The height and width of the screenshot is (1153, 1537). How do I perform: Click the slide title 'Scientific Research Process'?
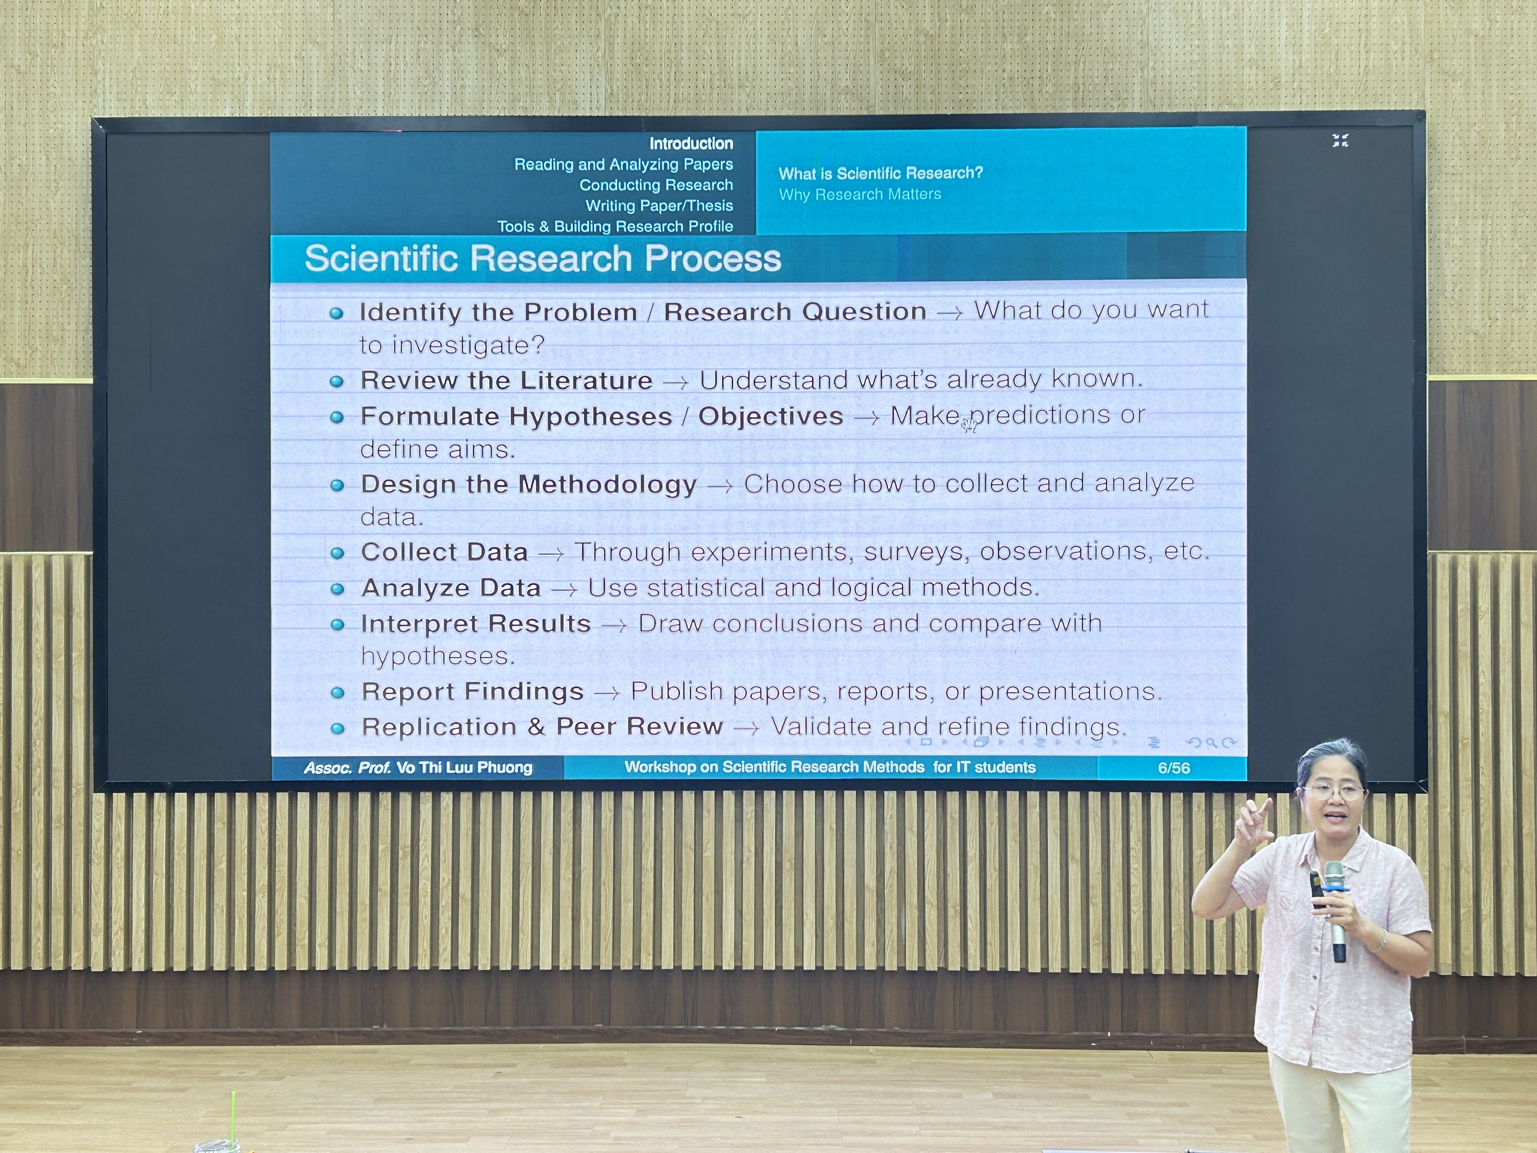tap(543, 259)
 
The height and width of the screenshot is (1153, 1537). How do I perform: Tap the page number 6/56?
tap(1174, 768)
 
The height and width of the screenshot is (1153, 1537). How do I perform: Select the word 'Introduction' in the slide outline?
tap(692, 144)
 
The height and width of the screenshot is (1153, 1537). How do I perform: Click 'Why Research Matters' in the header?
tap(860, 195)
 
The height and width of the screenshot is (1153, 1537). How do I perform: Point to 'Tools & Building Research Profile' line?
tap(615, 226)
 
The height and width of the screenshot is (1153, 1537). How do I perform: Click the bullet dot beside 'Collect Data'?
tap(337, 554)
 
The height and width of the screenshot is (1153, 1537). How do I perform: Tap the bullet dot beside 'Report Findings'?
tap(337, 694)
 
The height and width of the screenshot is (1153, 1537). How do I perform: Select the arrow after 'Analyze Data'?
tap(564, 591)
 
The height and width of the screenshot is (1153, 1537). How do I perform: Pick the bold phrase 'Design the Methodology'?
tap(529, 485)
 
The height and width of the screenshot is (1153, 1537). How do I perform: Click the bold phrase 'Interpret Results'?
tap(476, 624)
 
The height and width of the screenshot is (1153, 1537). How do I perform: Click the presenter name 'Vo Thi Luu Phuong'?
tap(464, 768)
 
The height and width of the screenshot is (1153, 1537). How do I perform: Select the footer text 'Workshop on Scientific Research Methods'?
tap(774, 767)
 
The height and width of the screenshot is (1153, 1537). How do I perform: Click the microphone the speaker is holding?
tap(1335, 910)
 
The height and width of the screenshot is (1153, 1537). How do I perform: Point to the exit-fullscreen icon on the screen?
tap(1340, 141)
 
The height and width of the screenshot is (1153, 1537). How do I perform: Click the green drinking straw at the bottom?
tap(234, 1117)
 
